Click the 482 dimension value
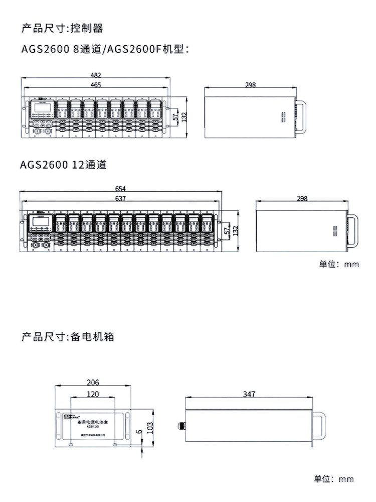point(95,75)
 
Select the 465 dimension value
point(95,85)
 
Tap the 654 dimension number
point(120,189)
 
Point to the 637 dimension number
point(120,199)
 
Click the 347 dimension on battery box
point(249,395)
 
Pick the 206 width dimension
point(93,383)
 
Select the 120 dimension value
point(93,395)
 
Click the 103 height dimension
point(149,428)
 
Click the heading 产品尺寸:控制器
point(62,28)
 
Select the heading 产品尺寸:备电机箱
point(68,336)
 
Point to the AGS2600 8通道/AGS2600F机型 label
point(105,50)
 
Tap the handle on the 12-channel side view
point(354,230)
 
